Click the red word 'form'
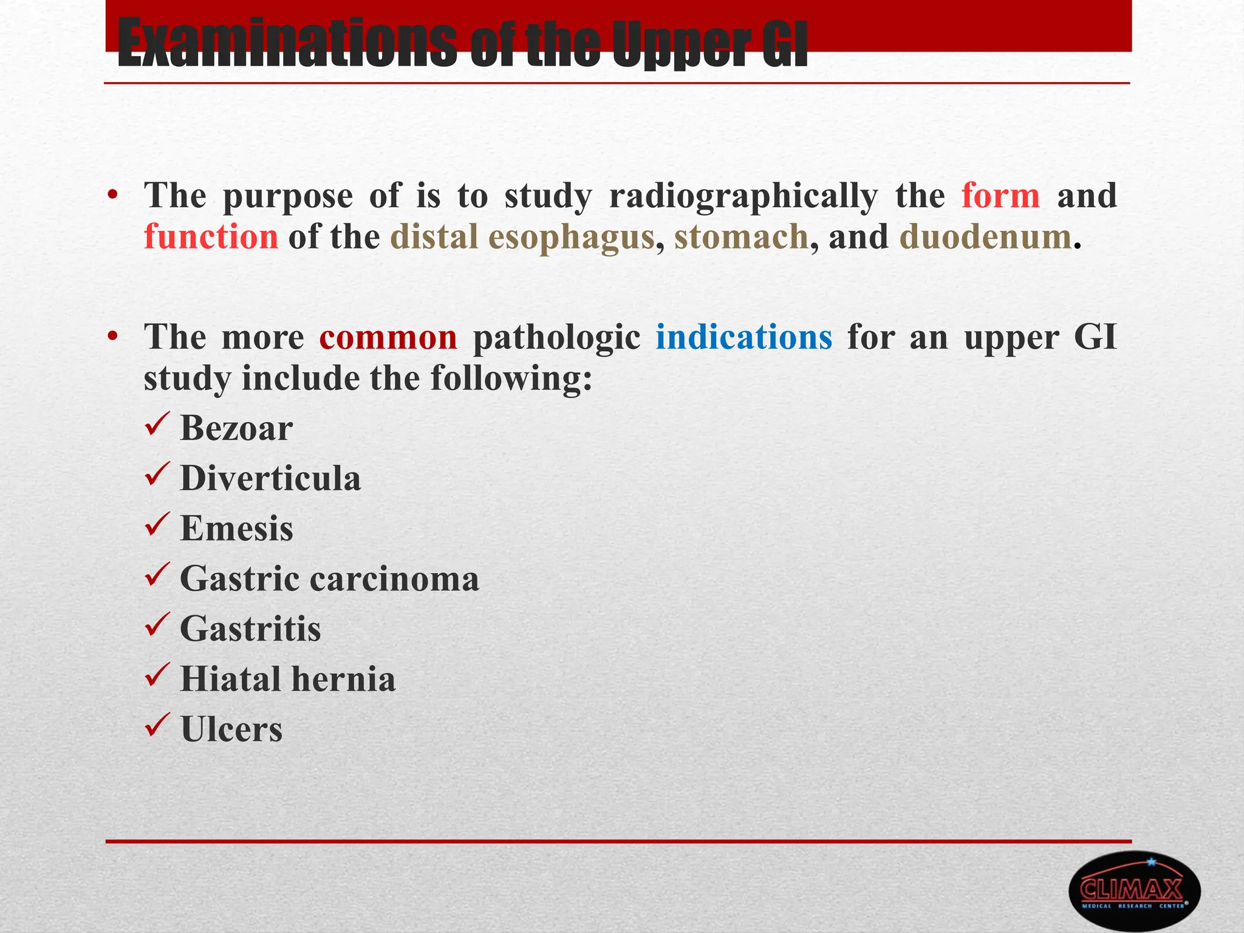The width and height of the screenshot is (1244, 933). click(x=1000, y=196)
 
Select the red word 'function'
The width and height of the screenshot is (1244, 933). click(x=211, y=237)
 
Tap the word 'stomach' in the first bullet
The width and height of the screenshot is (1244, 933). click(x=741, y=237)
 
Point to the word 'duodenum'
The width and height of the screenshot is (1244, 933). click(x=985, y=237)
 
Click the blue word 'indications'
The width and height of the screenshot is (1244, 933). click(x=743, y=337)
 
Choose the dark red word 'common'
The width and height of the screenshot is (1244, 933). click(x=388, y=337)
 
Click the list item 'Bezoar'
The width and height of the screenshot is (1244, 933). click(x=236, y=428)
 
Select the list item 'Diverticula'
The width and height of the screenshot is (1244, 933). click(x=270, y=479)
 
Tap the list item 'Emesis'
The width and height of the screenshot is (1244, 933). click(x=236, y=528)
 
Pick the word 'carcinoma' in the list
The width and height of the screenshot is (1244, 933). click(x=394, y=579)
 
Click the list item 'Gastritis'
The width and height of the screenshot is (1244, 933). click(x=250, y=629)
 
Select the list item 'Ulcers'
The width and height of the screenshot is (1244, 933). click(x=231, y=729)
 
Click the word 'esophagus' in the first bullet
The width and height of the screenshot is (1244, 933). click(x=571, y=237)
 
